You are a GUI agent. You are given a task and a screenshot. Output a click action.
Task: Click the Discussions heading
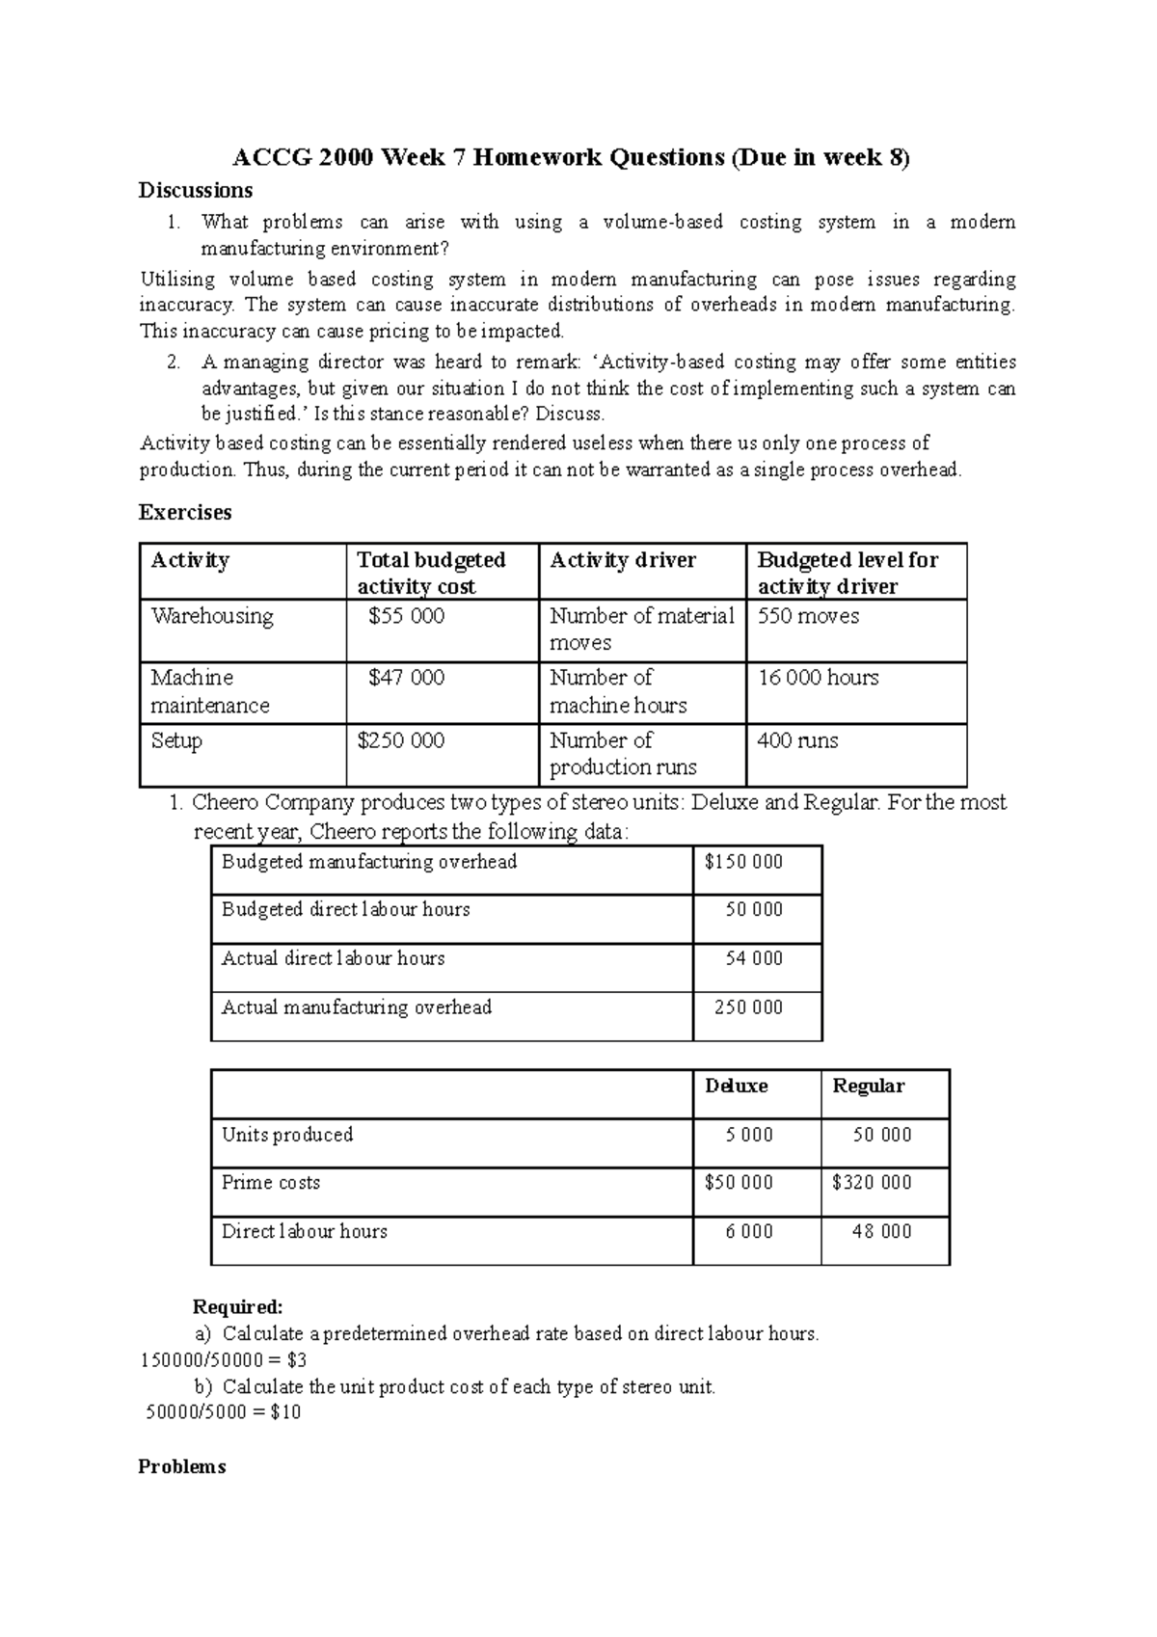tap(196, 190)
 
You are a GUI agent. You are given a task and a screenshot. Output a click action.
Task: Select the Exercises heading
tap(185, 512)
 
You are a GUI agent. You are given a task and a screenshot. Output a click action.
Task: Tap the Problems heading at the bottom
tap(182, 1466)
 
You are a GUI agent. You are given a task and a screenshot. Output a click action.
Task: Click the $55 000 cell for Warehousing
tap(406, 616)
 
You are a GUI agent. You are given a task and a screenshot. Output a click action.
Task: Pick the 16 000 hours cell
tap(819, 678)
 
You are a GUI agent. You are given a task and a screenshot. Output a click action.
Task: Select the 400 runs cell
tap(797, 740)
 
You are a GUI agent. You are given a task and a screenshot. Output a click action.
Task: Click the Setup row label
tap(176, 740)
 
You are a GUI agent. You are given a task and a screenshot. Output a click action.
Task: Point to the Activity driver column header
tap(622, 560)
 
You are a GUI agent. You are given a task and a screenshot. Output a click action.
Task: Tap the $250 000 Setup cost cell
tap(400, 740)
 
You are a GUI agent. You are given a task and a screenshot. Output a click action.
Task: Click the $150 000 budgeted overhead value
tap(743, 862)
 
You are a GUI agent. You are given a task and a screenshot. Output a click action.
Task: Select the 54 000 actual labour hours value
tap(753, 958)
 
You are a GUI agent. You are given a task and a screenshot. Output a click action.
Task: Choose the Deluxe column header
tap(736, 1086)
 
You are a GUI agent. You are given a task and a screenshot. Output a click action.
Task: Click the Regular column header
tap(868, 1086)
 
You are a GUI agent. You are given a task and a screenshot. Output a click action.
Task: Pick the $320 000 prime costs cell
tap(871, 1182)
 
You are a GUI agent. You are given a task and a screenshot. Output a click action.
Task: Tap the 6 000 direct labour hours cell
tap(749, 1231)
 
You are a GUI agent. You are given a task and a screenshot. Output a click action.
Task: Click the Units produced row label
tap(287, 1135)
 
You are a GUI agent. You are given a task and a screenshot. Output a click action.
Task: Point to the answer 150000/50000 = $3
tap(223, 1360)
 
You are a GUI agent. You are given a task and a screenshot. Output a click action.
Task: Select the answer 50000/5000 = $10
tap(223, 1412)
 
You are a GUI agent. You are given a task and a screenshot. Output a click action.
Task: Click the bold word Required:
tap(238, 1307)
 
